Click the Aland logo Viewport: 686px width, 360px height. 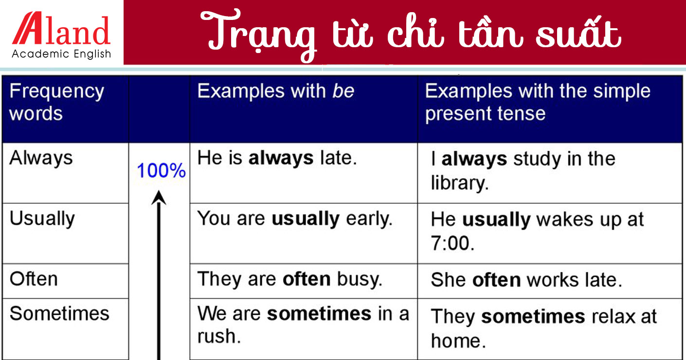61,30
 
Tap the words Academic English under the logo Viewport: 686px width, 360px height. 61,54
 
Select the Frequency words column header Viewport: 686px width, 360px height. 56,102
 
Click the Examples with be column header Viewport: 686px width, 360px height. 276,91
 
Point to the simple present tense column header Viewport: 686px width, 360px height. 537,102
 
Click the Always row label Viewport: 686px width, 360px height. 41,158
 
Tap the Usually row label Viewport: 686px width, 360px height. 42,219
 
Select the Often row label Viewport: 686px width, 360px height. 34,279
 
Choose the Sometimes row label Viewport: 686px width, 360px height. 59,313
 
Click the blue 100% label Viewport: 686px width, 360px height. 161,171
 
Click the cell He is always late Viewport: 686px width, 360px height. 277,158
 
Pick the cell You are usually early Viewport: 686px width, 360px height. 294,219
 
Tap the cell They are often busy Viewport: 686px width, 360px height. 289,279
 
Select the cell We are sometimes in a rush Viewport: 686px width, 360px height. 303,324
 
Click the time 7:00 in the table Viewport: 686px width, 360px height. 452,243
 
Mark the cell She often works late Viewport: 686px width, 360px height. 526,280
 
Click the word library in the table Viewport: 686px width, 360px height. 459,183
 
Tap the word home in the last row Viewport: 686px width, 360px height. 458,341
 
